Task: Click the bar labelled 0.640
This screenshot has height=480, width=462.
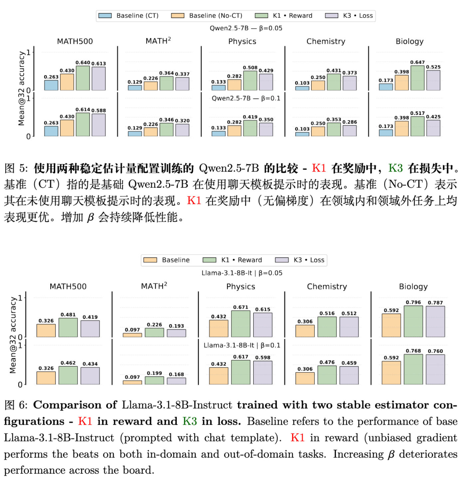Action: [83, 78]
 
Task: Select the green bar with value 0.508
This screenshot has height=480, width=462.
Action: [250, 81]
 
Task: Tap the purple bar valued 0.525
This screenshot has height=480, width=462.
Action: [433, 80]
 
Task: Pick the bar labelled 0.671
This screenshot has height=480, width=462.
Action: [241, 324]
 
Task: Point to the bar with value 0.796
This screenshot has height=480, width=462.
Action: [413, 322]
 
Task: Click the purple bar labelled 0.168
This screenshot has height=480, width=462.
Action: [176, 381]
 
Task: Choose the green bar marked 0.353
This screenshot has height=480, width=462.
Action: [334, 130]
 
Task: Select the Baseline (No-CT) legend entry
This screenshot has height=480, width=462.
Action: [207, 16]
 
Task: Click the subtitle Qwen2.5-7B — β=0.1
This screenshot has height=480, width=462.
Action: [246, 98]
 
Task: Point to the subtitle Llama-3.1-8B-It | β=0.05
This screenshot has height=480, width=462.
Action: [242, 273]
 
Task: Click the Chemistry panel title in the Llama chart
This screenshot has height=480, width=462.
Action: [327, 287]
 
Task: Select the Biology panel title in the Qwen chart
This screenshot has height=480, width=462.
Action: [409, 41]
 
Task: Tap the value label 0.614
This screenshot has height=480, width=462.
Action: [83, 110]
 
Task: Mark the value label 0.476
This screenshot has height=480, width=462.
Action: [327, 362]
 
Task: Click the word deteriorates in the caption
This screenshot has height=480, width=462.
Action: [428, 454]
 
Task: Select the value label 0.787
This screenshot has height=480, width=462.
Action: [435, 303]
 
